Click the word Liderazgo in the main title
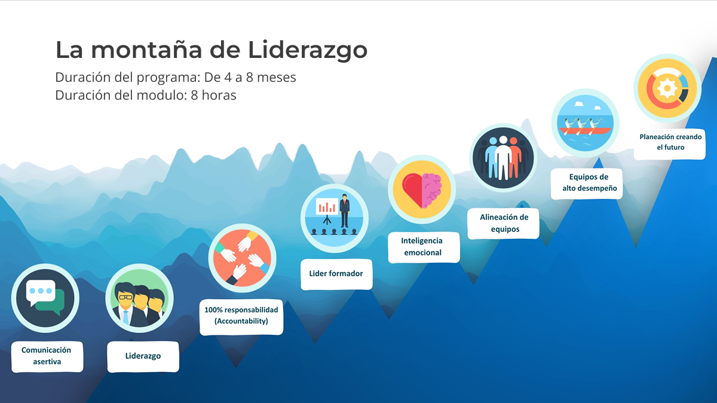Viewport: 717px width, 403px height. tap(308, 51)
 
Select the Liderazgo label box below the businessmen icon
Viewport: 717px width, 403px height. tap(143, 356)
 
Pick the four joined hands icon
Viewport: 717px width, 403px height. tap(242, 258)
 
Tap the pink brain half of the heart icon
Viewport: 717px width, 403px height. tap(433, 190)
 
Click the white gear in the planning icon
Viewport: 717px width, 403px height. tap(667, 88)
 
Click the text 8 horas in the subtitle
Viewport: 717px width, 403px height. tap(213, 96)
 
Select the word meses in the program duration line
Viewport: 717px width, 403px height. tap(277, 78)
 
